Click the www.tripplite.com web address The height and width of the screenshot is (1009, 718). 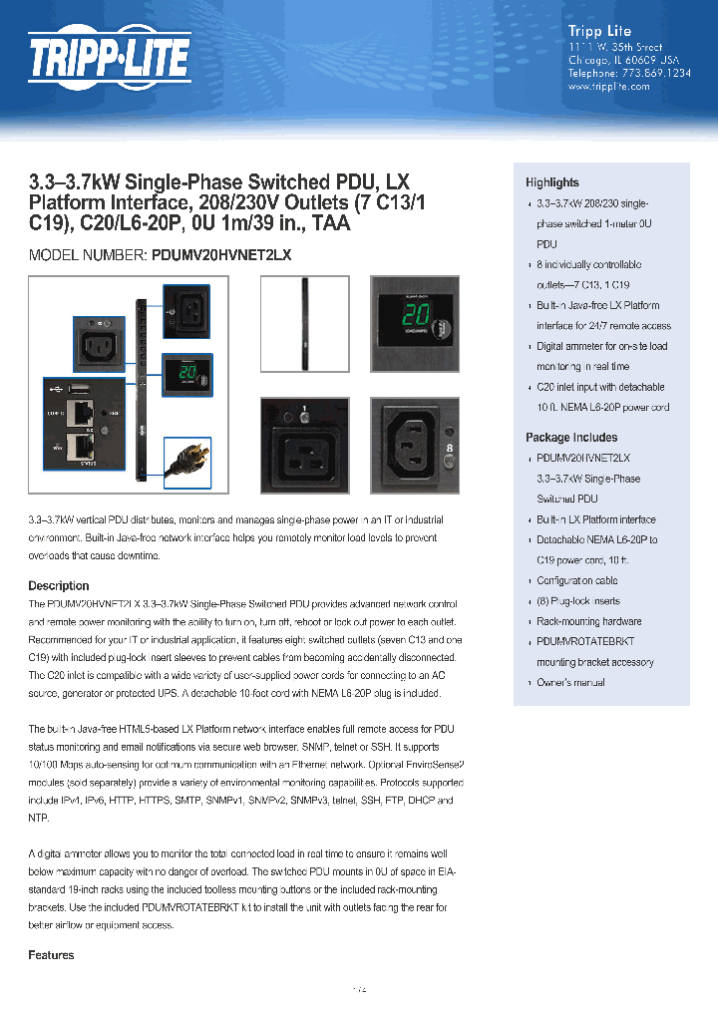click(608, 87)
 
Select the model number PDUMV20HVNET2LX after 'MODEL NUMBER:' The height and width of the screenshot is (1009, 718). click(221, 255)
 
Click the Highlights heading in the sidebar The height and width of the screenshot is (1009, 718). click(551, 182)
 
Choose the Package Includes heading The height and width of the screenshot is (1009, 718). click(571, 438)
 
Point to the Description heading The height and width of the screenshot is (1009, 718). click(59, 586)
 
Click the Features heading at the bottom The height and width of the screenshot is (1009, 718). click(51, 955)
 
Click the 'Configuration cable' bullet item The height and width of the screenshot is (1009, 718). click(576, 580)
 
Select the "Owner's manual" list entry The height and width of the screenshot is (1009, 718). click(570, 683)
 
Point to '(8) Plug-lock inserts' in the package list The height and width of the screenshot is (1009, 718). click(577, 601)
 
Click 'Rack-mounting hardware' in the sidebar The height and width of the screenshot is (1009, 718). click(588, 621)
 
